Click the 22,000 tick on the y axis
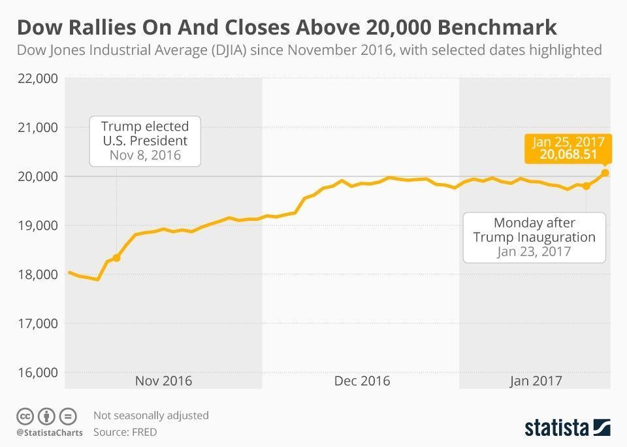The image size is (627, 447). click(x=37, y=78)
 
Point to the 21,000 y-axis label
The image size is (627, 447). click(x=37, y=127)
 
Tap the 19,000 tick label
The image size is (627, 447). click(x=37, y=225)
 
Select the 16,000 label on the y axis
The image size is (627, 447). click(x=37, y=372)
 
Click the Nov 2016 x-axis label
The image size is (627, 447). click(x=163, y=380)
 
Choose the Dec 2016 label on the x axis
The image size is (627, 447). click(x=361, y=380)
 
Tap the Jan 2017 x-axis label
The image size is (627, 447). click(x=536, y=380)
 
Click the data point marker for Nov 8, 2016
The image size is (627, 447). click(x=116, y=257)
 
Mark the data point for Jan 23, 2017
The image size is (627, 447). click(x=587, y=186)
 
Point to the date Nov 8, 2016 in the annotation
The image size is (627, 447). click(x=144, y=156)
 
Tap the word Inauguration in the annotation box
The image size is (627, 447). click(x=557, y=237)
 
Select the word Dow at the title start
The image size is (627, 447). click(x=36, y=27)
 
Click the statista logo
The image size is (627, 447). click(x=567, y=428)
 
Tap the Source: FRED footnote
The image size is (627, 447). click(x=125, y=432)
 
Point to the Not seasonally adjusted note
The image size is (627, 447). click(x=151, y=415)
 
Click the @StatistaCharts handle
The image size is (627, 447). click(x=48, y=433)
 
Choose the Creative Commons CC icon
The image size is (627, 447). click(x=25, y=416)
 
